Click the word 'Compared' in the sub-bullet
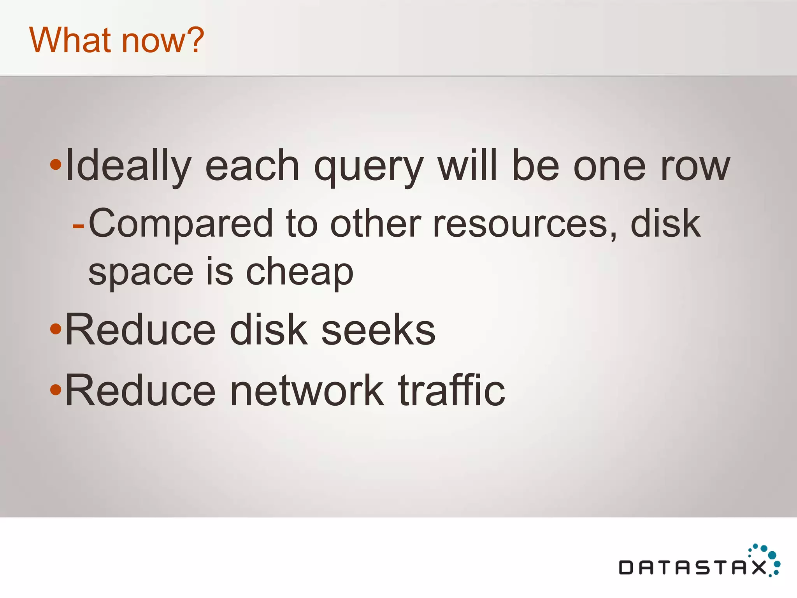coord(181,224)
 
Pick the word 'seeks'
coord(378,330)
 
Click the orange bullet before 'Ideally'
coord(56,165)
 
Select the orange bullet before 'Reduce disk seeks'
coord(56,329)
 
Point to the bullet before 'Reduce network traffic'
coord(56,389)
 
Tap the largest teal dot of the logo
coord(772,555)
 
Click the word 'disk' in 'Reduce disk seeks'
coord(269,330)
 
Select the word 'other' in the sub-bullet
coord(376,223)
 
